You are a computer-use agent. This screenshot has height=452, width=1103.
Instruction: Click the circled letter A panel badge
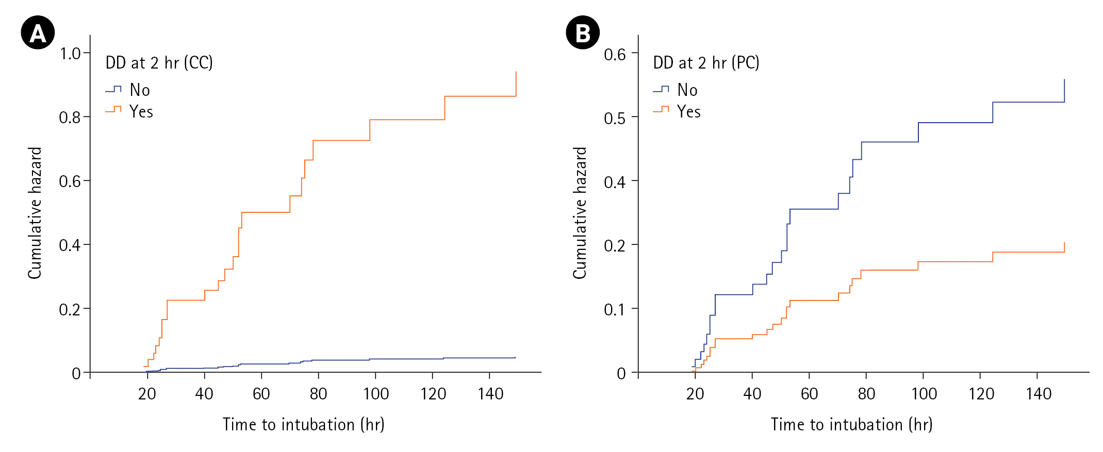coord(38,33)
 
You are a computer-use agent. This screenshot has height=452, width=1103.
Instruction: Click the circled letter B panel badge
coord(583,33)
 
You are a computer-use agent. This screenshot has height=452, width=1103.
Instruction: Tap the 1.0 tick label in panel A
coord(70,54)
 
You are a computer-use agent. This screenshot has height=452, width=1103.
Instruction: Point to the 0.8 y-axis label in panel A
coord(70,118)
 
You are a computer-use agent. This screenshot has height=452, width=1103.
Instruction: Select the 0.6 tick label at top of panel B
coord(615,55)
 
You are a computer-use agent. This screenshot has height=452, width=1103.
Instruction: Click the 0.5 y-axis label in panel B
coord(615,119)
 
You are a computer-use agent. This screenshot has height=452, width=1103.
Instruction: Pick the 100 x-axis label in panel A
coord(376,394)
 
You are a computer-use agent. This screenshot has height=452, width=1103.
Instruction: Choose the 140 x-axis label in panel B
coord(1039,394)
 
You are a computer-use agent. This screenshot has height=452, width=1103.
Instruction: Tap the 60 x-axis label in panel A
coord(261,394)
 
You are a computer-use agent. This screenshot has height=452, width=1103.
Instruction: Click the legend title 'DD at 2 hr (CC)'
coord(159,63)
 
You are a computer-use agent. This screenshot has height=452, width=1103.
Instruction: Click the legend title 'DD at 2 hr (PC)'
coord(706,63)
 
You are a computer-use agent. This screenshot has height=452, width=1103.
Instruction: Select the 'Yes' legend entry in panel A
coord(141,112)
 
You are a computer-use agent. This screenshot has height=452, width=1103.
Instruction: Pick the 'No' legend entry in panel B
coord(687,90)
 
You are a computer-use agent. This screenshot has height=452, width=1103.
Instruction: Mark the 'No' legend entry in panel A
coord(139,90)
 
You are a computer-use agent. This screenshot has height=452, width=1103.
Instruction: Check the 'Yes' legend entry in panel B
coord(688,112)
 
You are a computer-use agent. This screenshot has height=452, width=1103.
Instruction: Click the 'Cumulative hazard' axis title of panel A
coord(35,213)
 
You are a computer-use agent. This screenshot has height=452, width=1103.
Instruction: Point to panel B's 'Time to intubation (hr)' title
coord(851,425)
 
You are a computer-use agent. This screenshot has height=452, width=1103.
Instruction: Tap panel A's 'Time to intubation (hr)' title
coord(303,425)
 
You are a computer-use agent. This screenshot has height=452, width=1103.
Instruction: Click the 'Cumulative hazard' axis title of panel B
coord(580,213)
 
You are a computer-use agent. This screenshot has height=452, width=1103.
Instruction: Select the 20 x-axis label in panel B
coord(695,394)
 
